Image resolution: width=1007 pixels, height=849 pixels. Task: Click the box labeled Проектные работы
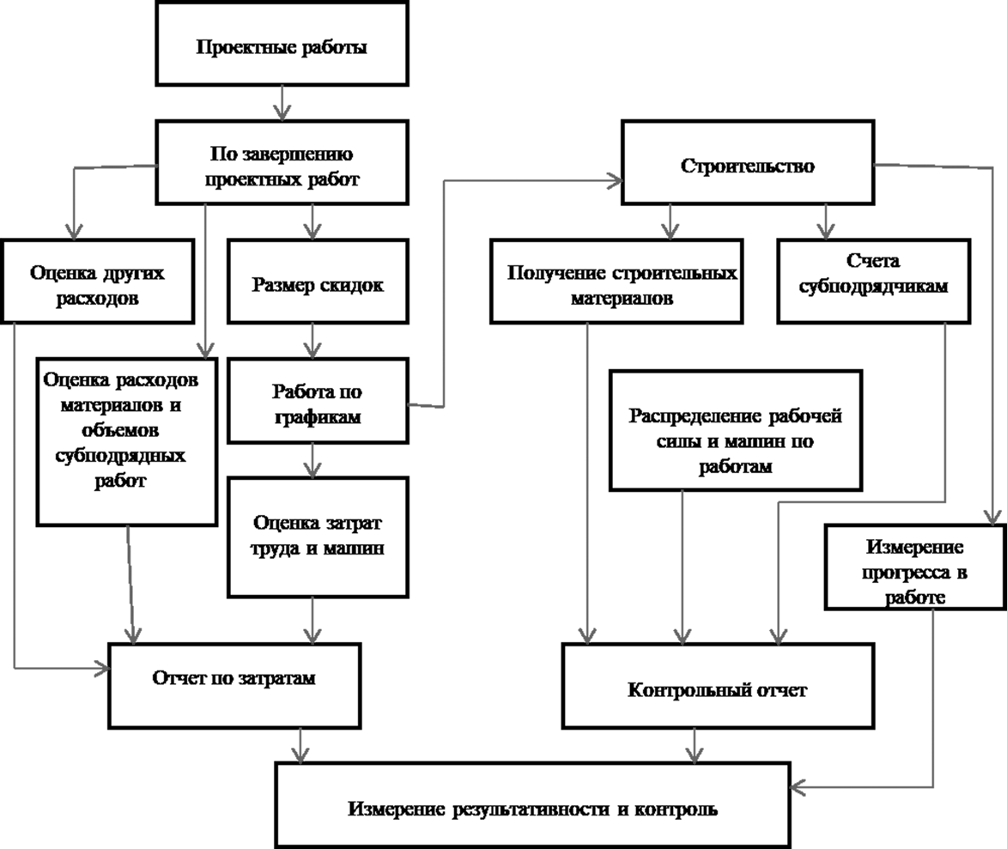282,44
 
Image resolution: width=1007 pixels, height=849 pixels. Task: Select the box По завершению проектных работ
282,162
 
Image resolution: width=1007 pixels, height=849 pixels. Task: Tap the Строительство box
748,162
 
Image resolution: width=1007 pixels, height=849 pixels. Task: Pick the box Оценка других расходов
98,282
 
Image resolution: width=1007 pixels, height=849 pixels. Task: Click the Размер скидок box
318,282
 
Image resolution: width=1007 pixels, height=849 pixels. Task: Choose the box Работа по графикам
318,401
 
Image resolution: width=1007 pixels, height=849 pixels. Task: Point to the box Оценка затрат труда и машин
318,537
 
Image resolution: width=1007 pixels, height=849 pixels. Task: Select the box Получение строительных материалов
616,282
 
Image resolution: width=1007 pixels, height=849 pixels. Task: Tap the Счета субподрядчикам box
873,282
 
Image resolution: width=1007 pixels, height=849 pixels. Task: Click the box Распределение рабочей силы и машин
736,430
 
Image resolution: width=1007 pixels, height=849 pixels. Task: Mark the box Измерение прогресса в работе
915,567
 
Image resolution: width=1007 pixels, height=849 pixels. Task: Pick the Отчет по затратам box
234,686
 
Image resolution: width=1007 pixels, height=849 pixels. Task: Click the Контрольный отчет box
718,686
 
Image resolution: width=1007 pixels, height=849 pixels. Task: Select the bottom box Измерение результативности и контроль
532,805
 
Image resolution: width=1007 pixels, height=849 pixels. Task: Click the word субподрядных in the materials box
120,456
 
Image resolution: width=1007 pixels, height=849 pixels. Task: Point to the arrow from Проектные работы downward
282,103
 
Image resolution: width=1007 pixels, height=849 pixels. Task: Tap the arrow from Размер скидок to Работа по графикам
312,340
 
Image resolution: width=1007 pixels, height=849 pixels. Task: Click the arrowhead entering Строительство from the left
616,180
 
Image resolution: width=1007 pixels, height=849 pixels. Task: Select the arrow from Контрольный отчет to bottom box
695,746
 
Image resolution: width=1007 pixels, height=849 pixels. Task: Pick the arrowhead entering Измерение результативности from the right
798,786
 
